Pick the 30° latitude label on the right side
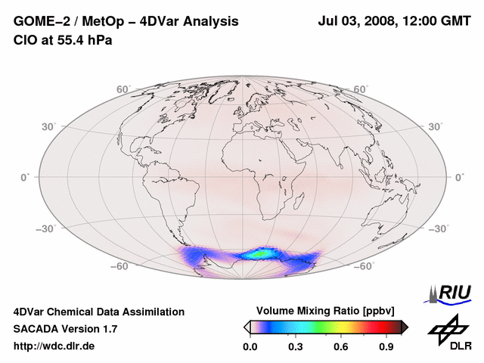point(437,126)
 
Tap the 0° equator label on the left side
point(25,177)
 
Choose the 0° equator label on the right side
point(460,177)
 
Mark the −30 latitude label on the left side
point(45,229)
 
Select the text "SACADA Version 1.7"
point(66,329)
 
